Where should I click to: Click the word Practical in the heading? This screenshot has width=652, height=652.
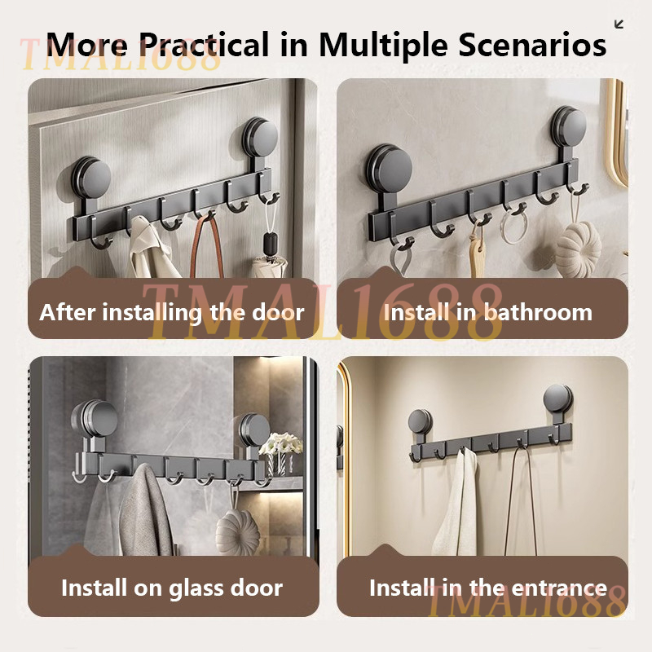coord(205,45)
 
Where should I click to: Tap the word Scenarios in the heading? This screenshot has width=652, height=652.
coord(533,44)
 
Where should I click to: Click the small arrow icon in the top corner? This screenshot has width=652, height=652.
coord(619,24)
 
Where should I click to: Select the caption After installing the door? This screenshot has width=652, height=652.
coord(172,313)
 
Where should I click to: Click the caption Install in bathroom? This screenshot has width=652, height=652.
coord(487,312)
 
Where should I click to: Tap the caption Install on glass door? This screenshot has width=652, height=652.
coord(172,588)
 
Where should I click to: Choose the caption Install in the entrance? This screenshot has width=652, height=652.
coord(488,588)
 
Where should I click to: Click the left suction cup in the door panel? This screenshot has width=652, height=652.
coord(91,178)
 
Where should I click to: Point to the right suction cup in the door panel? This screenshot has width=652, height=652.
coord(261,137)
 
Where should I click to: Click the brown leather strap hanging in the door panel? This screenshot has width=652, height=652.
coord(207,244)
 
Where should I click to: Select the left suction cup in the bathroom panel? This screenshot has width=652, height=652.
coord(390,170)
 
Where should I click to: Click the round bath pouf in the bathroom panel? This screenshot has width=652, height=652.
coord(579,249)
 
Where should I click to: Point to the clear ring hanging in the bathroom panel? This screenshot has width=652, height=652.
coord(514,227)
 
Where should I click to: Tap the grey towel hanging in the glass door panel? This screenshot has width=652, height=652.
coord(145,511)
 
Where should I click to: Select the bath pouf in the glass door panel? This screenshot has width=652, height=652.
coord(238,533)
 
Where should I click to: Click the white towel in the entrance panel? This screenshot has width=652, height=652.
coord(456,503)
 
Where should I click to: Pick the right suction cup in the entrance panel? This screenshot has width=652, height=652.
coord(558,399)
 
